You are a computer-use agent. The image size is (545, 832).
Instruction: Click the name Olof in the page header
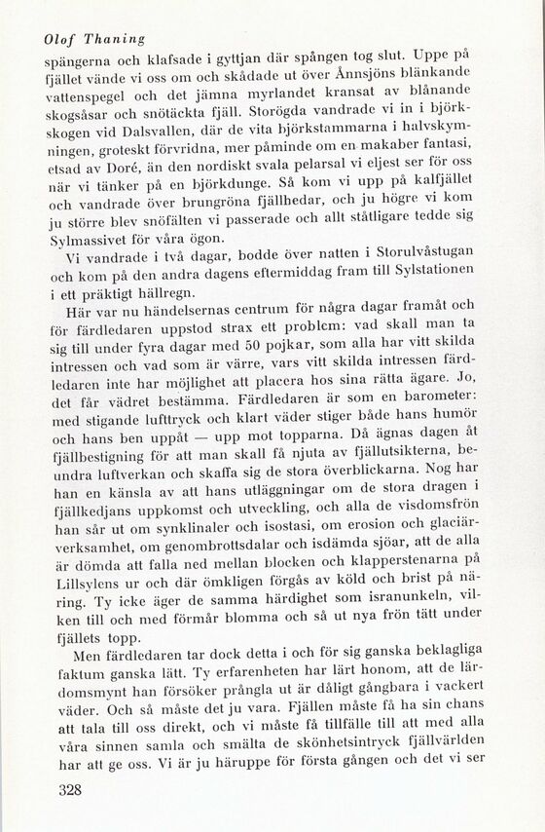pyautogui.click(x=61, y=40)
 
